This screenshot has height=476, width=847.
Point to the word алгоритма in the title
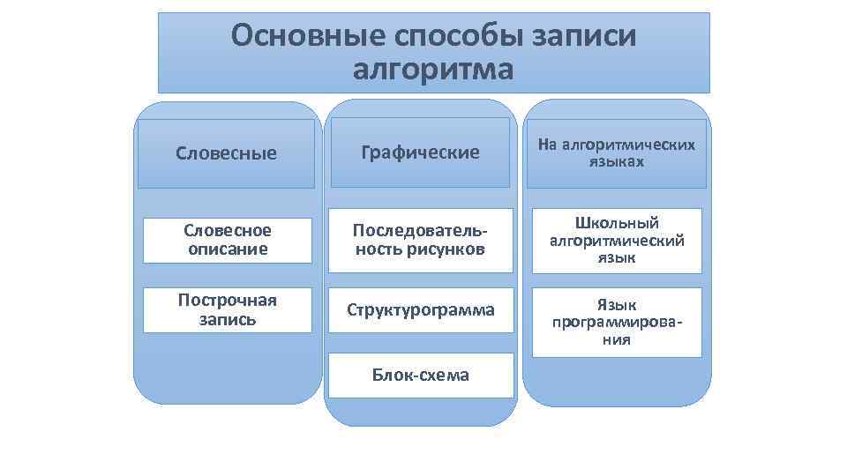pyautogui.click(x=432, y=69)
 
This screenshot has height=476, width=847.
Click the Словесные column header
pyautogui.click(x=226, y=153)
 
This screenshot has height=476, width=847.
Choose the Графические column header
pyautogui.click(x=420, y=152)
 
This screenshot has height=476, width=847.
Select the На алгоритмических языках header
pyautogui.click(x=617, y=152)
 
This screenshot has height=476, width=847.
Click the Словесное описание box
pyautogui.click(x=228, y=240)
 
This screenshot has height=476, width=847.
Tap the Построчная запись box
pyautogui.click(x=228, y=310)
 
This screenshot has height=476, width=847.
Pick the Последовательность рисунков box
pyautogui.click(x=420, y=240)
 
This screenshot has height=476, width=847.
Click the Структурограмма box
pyautogui.click(x=420, y=310)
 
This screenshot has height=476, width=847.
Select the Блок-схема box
pyautogui.click(x=420, y=376)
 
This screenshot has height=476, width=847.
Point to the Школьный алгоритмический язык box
pyautogui.click(x=617, y=241)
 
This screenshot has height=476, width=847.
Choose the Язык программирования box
pyautogui.click(x=617, y=322)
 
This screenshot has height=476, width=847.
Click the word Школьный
pyautogui.click(x=617, y=223)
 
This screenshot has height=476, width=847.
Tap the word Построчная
pyautogui.click(x=228, y=301)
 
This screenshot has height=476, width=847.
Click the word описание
pyautogui.click(x=228, y=249)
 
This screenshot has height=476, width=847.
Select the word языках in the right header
pyautogui.click(x=617, y=162)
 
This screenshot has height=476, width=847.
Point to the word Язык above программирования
pyautogui.click(x=617, y=305)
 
